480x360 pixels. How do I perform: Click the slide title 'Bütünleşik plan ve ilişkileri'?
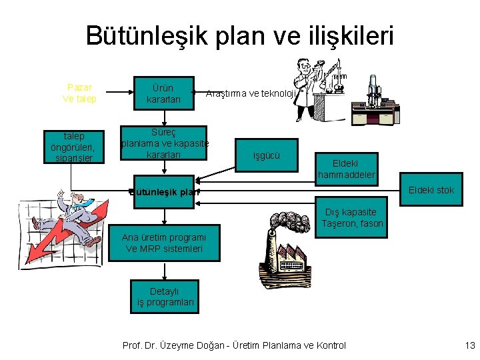pyautogui.click(x=240, y=36)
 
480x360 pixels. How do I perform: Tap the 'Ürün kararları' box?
pyautogui.click(x=163, y=93)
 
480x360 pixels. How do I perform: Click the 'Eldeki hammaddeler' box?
pyautogui.click(x=347, y=169)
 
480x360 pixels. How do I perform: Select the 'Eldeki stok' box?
pyautogui.click(x=431, y=190)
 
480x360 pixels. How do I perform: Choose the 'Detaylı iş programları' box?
pyautogui.click(x=164, y=297)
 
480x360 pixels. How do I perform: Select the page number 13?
pyautogui.click(x=469, y=345)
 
